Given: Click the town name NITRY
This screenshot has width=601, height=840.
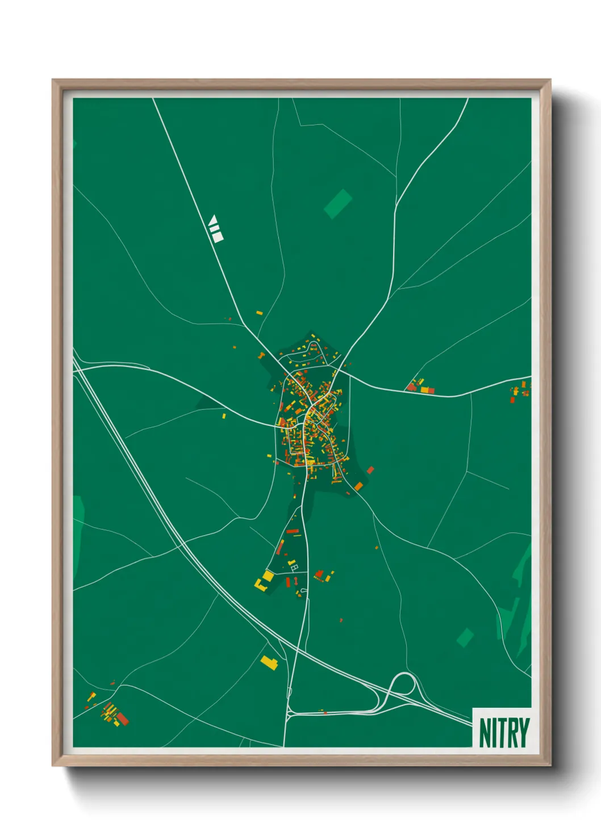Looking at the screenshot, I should [504, 733].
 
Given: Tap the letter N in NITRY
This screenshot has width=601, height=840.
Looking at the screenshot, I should [484, 733].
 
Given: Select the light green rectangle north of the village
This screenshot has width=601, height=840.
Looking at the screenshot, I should [338, 204].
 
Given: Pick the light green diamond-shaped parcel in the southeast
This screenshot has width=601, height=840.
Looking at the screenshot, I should [465, 637].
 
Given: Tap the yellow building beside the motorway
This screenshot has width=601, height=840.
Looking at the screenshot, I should [268, 662].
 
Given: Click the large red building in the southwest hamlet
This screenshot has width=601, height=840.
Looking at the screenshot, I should [123, 719].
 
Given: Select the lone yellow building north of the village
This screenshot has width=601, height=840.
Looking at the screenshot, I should [259, 313].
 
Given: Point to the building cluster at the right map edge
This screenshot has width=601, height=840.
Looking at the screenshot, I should [520, 391].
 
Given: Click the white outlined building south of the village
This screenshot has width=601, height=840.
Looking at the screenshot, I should [294, 565].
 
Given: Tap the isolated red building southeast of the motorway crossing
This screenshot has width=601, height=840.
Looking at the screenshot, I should [341, 620].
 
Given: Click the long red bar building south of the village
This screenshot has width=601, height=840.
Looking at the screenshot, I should [293, 531].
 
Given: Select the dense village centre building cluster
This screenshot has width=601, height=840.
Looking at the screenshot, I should [310, 420].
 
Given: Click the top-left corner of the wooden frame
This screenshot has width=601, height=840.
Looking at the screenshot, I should [53, 80].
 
